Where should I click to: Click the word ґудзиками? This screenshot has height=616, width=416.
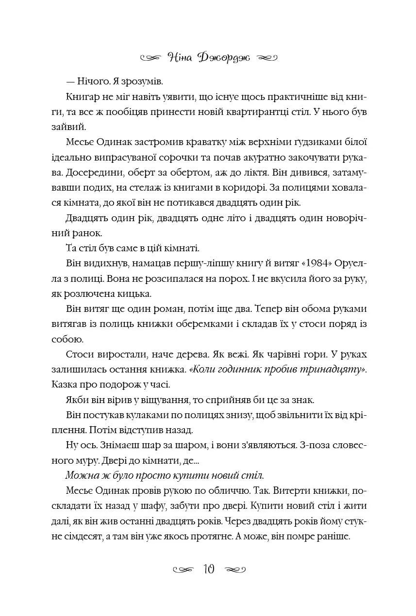click(x=320, y=142)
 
